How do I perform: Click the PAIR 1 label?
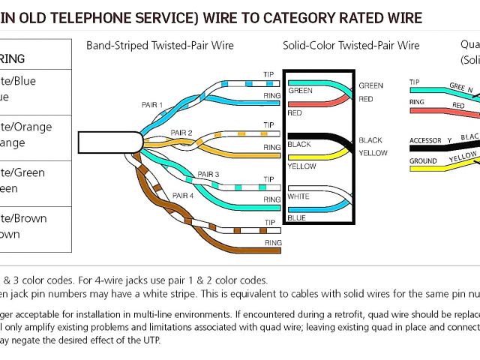click(151, 105)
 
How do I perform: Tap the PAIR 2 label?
click(181, 133)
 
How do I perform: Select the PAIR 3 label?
click(208, 174)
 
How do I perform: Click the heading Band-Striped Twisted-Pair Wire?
click(160, 46)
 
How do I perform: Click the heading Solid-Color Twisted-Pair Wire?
click(351, 46)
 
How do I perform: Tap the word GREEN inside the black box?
click(301, 91)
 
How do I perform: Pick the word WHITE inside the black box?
click(298, 196)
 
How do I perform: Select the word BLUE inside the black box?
click(296, 218)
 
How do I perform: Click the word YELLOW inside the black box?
click(303, 166)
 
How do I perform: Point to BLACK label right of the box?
click(370, 140)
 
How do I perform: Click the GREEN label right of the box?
click(370, 85)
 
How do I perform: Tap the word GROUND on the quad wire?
click(423, 161)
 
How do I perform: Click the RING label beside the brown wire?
click(273, 242)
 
